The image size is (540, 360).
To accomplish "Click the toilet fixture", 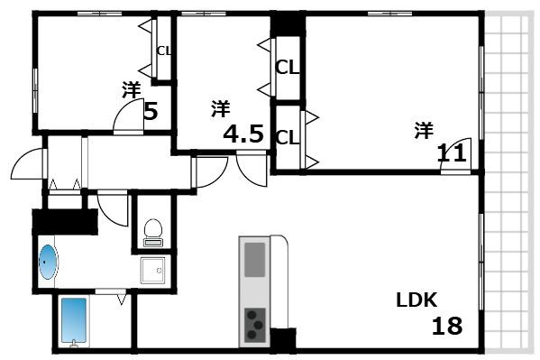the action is coord(153,233).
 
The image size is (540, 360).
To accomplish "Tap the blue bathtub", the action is coord(74,320).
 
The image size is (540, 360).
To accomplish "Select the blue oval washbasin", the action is coord(47,262).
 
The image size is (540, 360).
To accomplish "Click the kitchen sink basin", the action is coord(255,260).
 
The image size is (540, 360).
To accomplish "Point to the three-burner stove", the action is coord(255,325).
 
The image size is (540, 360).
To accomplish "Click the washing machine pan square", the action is coord(152,271).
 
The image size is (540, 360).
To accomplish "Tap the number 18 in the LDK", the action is coord(447,326).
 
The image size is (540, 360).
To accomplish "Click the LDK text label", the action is coord(416,300).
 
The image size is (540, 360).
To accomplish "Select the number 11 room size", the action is coord(452,153).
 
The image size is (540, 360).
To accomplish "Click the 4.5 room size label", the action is coord(243,134).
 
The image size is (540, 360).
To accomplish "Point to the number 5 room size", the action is coord(151,111).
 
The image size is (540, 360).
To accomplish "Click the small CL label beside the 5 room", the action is coord(164,51).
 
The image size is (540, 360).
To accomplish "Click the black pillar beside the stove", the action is coord(283,338).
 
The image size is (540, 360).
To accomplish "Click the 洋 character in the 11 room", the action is coord(424,130).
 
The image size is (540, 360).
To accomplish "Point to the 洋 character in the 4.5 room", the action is coord(220,108).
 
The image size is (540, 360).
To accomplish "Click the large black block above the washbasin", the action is coord(65,222).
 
